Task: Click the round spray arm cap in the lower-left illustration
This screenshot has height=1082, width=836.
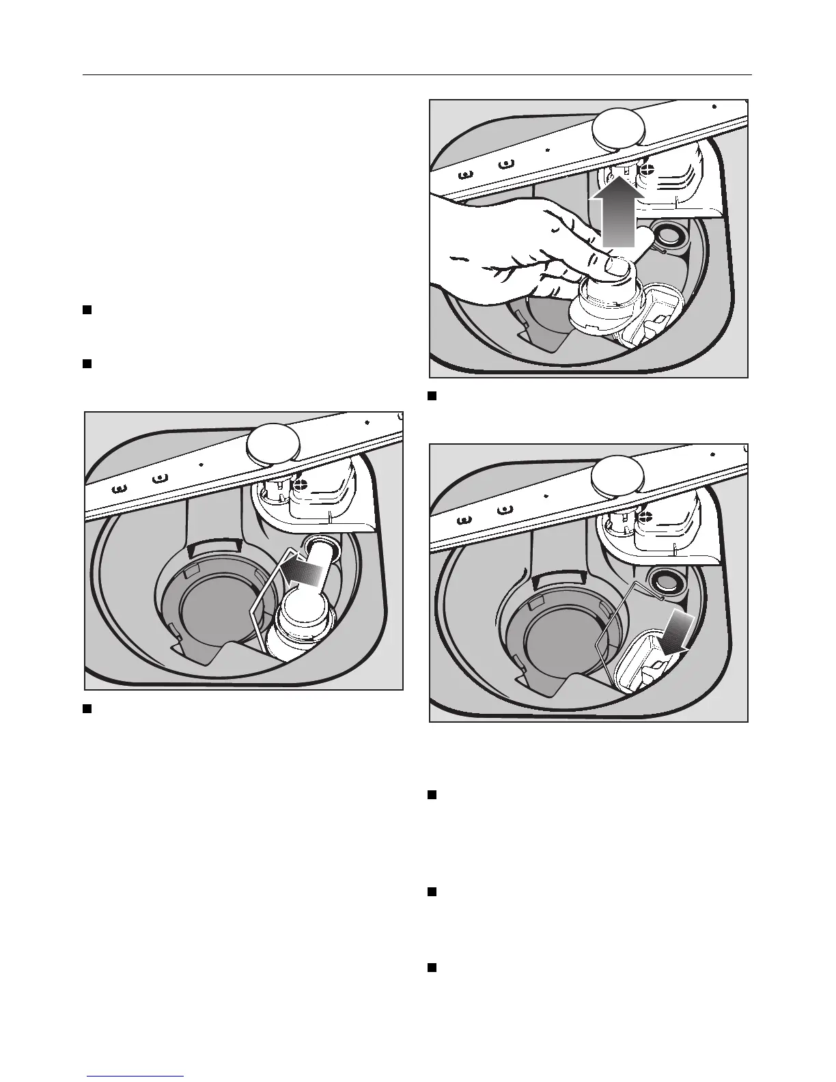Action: point(273,445)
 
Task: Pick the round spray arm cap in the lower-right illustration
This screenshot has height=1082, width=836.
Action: point(618,475)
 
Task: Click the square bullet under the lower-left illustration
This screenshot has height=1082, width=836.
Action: point(87,709)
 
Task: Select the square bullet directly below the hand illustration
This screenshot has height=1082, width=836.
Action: point(432,396)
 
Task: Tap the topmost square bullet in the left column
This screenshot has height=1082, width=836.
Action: point(87,311)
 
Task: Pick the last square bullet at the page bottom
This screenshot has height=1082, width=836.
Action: point(432,968)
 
